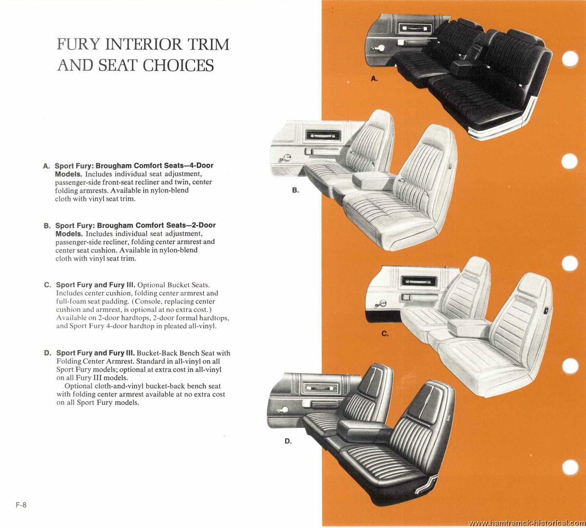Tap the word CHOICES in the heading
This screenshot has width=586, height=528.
(178, 65)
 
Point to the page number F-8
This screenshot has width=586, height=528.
(21, 505)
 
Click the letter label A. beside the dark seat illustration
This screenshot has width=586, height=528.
(374, 78)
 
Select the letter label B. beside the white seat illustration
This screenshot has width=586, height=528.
(295, 190)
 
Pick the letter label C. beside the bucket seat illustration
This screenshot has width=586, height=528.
(385, 333)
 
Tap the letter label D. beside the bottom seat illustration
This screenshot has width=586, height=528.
(288, 441)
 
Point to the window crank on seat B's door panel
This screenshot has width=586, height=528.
(285, 158)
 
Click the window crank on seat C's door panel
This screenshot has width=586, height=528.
(381, 304)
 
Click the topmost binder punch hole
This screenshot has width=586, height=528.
(570, 59)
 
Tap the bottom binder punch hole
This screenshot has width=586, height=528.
(570, 467)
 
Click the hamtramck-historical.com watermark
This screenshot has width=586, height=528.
(526, 523)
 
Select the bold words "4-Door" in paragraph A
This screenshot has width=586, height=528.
(202, 166)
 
